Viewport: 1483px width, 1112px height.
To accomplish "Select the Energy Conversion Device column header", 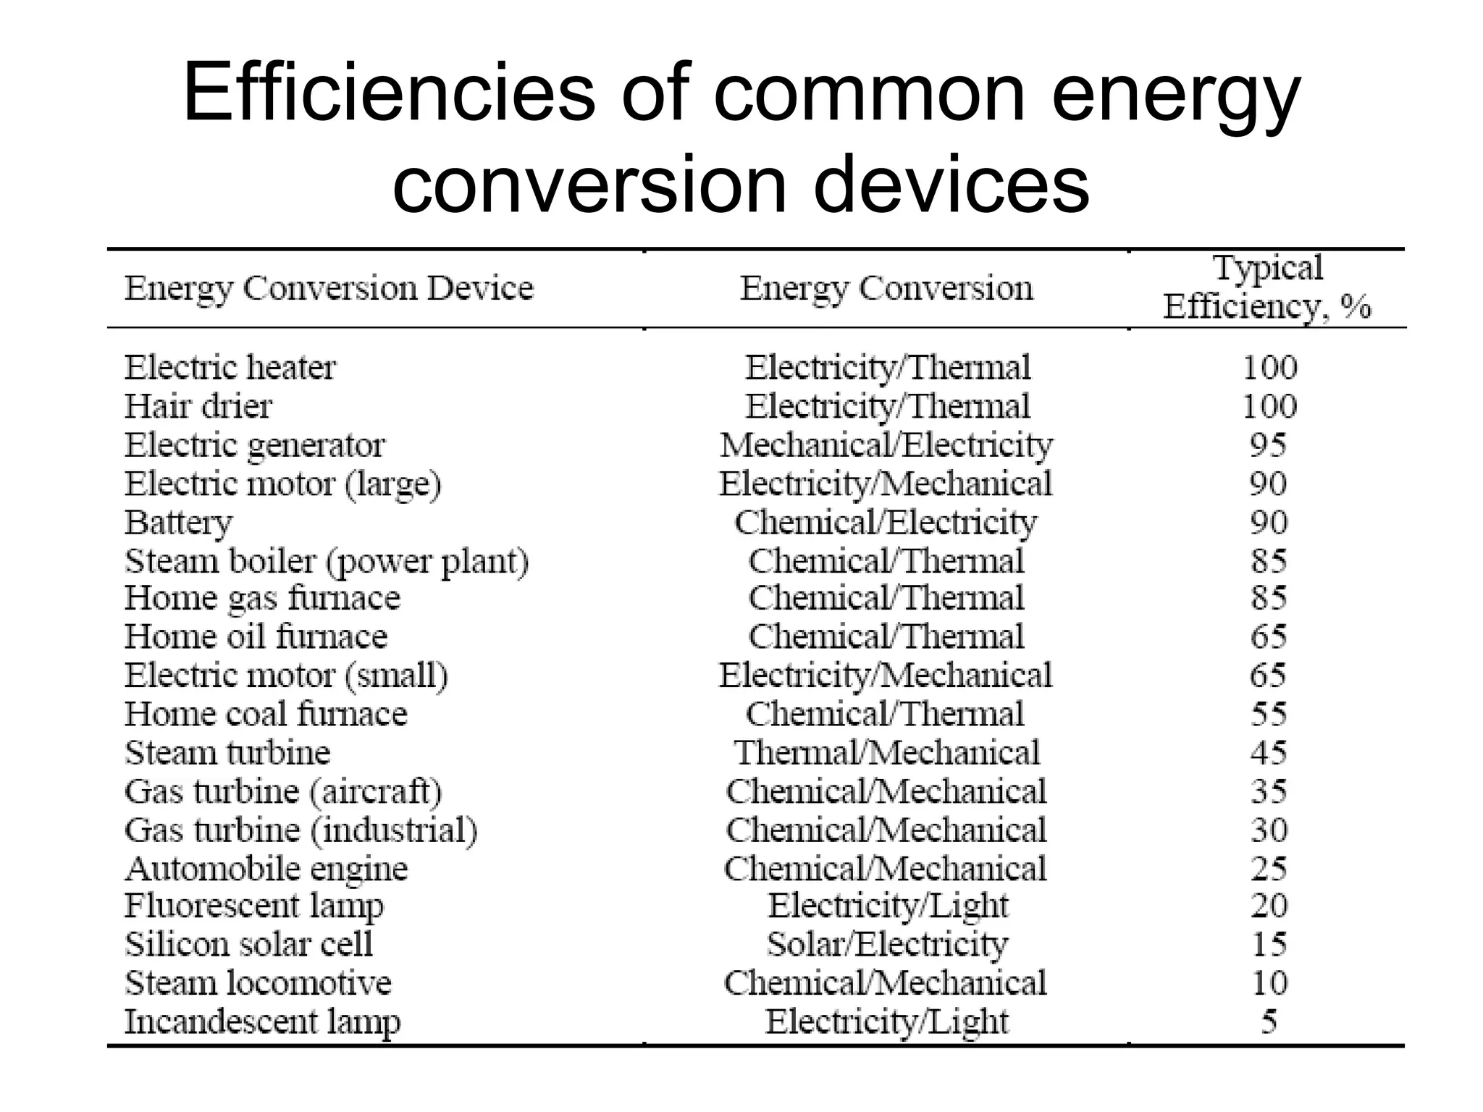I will (x=329, y=289).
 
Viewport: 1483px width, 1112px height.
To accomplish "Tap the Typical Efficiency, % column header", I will (x=1267, y=287).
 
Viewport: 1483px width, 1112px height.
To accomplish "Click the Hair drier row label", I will (x=198, y=406).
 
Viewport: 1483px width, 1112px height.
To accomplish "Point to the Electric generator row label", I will (x=255, y=445).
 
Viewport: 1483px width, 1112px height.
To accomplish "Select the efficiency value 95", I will (x=1269, y=445).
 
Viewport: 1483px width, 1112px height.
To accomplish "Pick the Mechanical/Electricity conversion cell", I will (x=886, y=445).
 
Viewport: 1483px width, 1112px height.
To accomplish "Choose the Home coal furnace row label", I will (x=266, y=715).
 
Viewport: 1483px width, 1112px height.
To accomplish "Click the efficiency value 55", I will (x=1269, y=715).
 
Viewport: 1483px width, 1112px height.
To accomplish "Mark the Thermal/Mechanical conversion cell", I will (x=886, y=753).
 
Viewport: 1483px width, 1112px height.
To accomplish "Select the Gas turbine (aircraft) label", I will (x=283, y=791).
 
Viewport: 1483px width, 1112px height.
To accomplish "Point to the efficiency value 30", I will (x=1269, y=830).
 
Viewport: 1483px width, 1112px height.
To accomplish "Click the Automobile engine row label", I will (x=266, y=869).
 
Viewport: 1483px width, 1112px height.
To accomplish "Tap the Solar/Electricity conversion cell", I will (x=887, y=944).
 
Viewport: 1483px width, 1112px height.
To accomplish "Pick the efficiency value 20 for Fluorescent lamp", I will (x=1269, y=906).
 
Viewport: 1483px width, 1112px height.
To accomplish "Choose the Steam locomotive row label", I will (x=258, y=983).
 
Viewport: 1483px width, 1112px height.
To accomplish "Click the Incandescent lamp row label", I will (x=262, y=1022).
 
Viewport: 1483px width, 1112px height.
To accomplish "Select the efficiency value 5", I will (x=1269, y=1022).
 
